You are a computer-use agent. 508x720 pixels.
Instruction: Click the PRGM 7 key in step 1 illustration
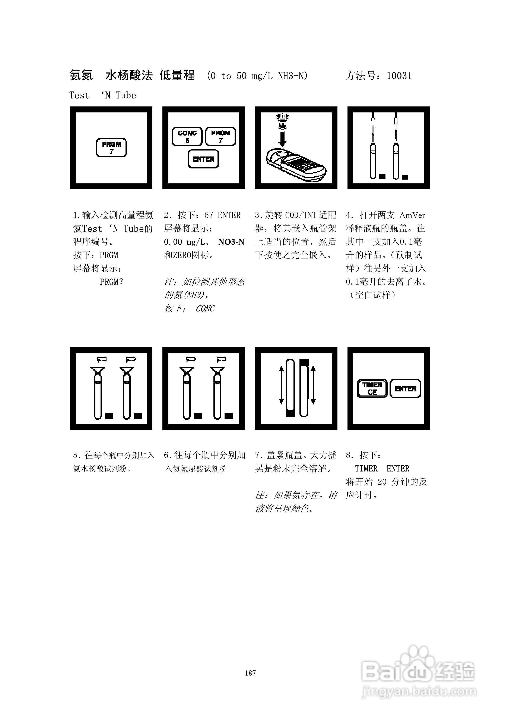tap(111, 147)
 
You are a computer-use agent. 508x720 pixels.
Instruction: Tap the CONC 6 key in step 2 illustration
tap(187, 136)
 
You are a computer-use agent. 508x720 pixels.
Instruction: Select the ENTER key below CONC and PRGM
tap(203, 159)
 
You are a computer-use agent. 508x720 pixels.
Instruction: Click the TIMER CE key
tap(372, 388)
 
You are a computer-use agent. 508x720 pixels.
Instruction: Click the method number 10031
tap(399, 76)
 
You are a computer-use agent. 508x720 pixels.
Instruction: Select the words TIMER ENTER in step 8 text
tap(382, 469)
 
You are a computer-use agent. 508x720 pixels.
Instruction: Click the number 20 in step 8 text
tap(382, 482)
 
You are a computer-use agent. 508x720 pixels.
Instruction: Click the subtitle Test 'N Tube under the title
tap(103, 95)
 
